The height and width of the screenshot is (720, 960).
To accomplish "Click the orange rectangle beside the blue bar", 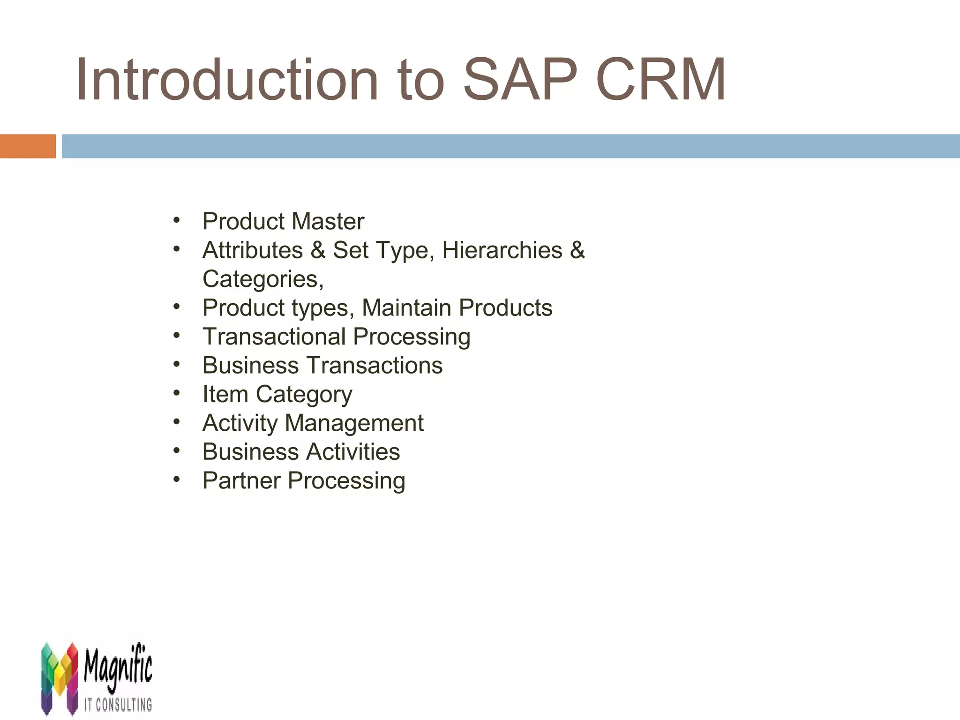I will tap(28, 146).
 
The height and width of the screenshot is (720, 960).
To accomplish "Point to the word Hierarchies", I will tap(502, 250).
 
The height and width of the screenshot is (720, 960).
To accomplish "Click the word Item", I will tap(225, 394).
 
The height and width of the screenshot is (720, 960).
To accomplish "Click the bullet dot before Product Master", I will tap(176, 220).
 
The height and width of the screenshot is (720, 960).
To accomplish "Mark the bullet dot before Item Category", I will tap(176, 393).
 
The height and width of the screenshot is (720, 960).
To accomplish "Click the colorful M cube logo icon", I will tap(59, 678).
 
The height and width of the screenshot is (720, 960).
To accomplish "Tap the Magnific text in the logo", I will tap(118, 667).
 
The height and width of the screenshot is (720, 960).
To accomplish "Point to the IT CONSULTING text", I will tap(118, 704).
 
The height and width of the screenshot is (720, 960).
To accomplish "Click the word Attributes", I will tap(253, 250).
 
